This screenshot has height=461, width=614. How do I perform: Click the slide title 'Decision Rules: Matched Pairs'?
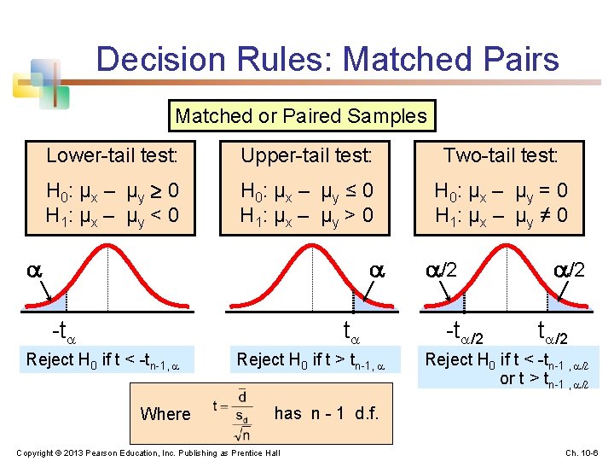click(x=327, y=59)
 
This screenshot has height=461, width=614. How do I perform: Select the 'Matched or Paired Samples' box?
click(x=300, y=115)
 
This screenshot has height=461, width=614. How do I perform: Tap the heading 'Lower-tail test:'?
click(x=112, y=155)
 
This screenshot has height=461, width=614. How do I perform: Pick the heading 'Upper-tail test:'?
click(x=306, y=155)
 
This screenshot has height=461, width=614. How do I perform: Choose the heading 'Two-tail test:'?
click(x=500, y=155)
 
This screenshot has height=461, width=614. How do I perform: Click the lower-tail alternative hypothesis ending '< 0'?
click(x=112, y=214)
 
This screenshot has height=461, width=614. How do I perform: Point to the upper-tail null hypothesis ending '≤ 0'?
click(x=306, y=190)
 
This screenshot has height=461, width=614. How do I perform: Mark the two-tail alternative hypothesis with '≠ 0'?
click(x=501, y=214)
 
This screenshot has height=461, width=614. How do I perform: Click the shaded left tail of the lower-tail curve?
click(x=55, y=303)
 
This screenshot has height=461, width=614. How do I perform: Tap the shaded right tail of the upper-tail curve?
click(x=363, y=303)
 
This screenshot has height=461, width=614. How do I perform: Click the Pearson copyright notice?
click(x=148, y=452)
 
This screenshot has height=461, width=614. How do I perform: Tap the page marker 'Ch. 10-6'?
click(x=582, y=452)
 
